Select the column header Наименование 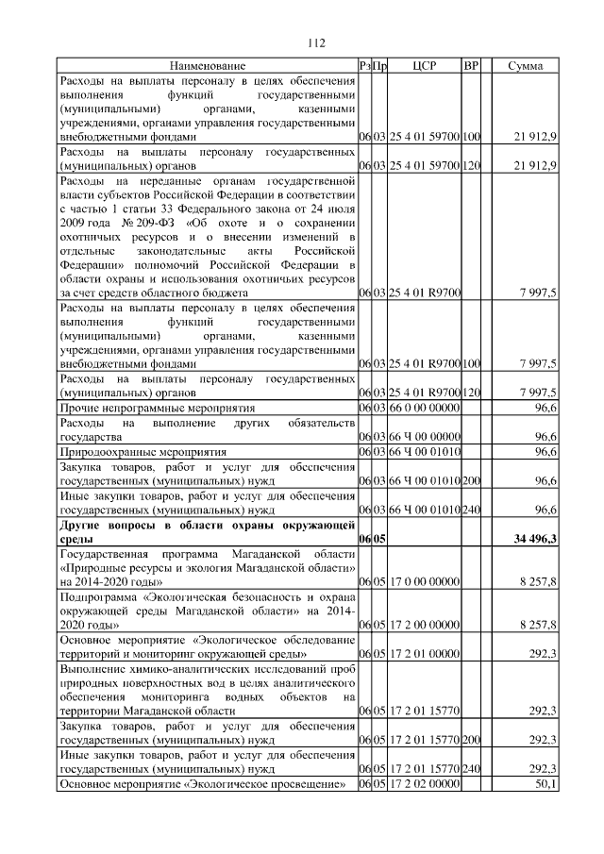(x=208, y=65)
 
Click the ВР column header (x=472, y=65)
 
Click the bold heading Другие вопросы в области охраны (x=207, y=524)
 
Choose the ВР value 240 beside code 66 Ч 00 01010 (x=472, y=510)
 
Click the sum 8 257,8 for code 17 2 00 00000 (x=538, y=624)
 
